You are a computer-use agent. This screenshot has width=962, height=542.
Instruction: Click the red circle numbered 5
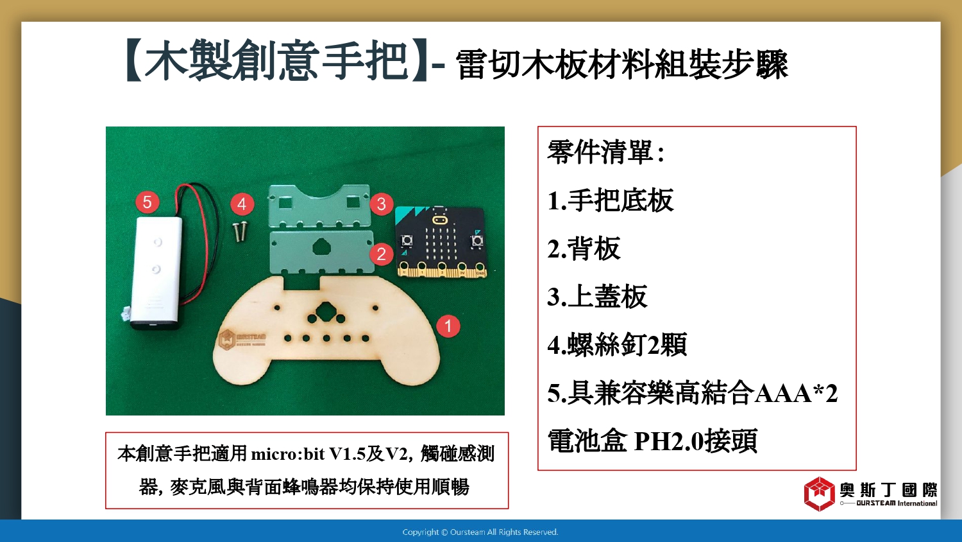[148, 202]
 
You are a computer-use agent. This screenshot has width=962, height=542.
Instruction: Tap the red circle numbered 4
[242, 204]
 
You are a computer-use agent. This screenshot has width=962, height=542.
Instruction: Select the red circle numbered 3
[382, 204]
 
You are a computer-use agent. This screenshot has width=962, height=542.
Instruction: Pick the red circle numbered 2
[382, 254]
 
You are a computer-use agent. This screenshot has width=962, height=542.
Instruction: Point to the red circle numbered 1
[448, 326]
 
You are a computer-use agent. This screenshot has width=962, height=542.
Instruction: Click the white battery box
[156, 273]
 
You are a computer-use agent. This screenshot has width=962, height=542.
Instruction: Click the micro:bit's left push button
[406, 240]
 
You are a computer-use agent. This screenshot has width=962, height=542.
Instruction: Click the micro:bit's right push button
[477, 240]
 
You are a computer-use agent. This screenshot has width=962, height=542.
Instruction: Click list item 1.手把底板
[611, 200]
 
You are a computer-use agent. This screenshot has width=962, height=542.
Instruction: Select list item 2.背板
[584, 249]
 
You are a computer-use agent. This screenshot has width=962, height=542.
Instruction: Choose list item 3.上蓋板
[597, 297]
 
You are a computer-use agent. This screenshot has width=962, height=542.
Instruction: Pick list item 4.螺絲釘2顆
[617, 345]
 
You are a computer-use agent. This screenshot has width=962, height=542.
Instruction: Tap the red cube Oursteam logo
[820, 494]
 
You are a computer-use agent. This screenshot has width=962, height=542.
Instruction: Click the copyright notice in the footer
[480, 532]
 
